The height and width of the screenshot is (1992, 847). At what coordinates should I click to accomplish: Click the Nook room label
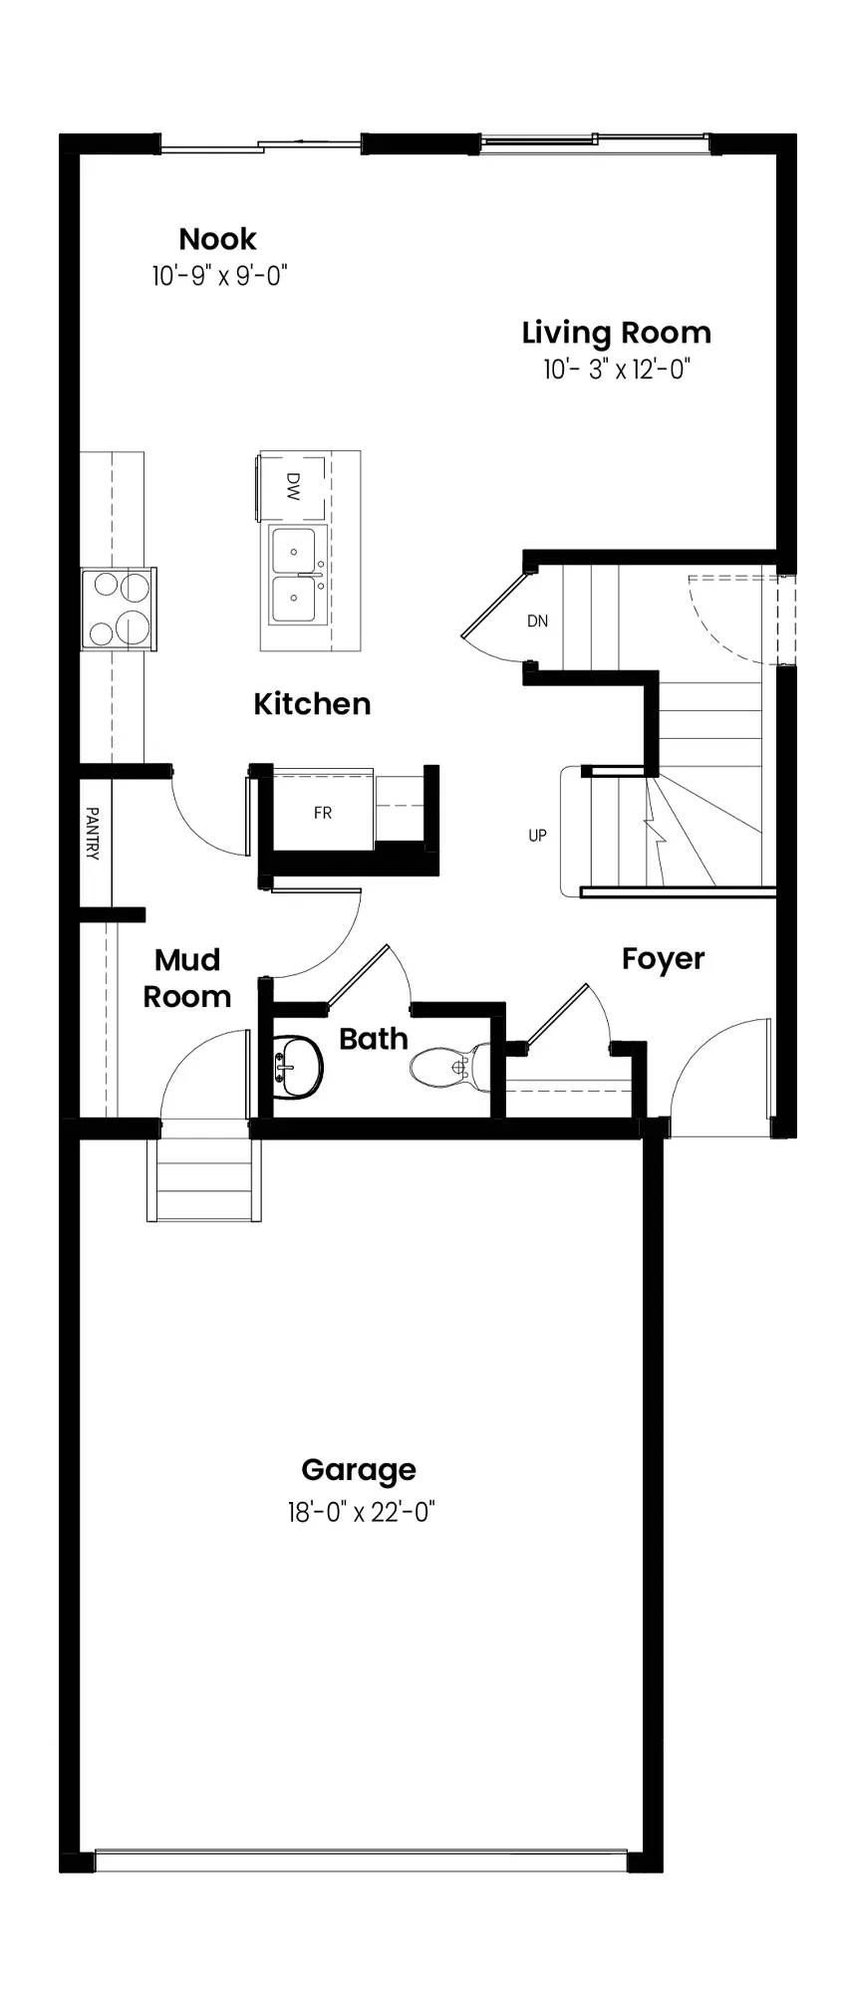(217, 239)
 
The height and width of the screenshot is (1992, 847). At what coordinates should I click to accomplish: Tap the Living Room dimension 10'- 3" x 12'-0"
(617, 371)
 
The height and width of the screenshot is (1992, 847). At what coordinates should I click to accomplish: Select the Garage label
(359, 1470)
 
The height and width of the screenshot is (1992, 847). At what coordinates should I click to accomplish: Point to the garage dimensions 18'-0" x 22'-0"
(362, 1513)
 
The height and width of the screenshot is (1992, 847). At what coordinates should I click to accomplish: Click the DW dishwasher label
(293, 486)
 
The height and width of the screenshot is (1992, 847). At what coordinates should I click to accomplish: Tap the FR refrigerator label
(323, 813)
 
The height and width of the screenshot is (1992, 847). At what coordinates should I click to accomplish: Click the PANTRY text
(93, 834)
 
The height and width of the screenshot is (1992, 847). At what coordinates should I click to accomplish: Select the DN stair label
(538, 622)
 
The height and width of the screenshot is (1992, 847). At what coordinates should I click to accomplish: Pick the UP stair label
(538, 836)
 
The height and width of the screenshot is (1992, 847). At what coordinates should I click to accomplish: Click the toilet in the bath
(449, 1067)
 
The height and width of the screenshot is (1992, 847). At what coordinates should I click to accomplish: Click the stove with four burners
(119, 609)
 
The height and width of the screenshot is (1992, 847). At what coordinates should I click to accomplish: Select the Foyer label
(663, 959)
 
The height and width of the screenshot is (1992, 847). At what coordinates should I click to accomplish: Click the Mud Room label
(187, 978)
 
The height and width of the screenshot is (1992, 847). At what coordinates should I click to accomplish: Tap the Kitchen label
(312, 704)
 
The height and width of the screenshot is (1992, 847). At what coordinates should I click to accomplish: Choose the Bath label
(374, 1039)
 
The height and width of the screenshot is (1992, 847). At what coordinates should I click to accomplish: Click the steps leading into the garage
(204, 1179)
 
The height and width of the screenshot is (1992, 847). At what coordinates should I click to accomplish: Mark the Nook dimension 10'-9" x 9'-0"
(219, 276)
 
